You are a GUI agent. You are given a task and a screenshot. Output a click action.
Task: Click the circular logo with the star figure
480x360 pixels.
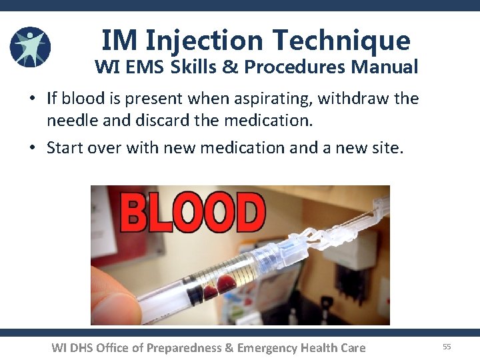point(31,47)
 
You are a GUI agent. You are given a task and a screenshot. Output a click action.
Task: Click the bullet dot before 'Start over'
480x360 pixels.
point(32,147)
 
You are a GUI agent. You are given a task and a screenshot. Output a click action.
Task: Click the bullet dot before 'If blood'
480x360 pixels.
point(32,99)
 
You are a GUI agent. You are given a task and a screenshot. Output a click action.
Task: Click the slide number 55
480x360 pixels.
point(447,347)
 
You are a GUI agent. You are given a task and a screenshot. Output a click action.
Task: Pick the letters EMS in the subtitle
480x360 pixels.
point(146,67)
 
